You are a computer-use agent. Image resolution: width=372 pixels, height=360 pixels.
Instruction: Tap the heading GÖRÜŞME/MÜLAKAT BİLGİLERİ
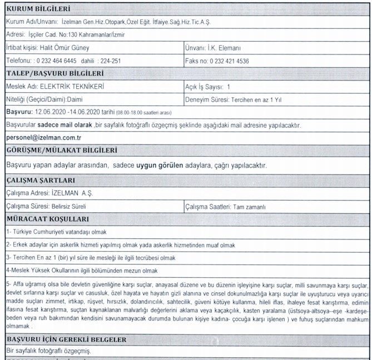[61, 151]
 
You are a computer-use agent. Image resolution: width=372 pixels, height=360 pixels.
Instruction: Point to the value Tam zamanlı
[250, 207]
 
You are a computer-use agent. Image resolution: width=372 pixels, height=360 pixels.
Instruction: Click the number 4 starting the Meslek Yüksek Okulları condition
[7, 271]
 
